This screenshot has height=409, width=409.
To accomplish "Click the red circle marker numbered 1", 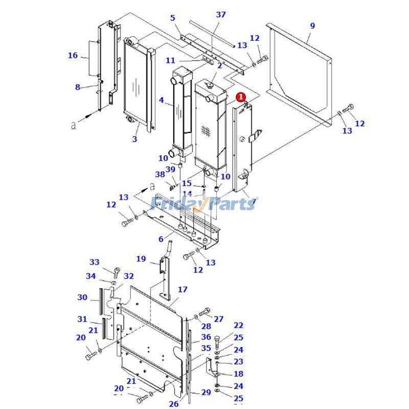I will [x=241, y=96].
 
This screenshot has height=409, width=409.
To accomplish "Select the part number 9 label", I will [x=312, y=25].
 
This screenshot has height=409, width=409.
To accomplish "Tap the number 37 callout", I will [x=220, y=15].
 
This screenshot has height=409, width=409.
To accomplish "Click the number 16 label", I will [x=73, y=55].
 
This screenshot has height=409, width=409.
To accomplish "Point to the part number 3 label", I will [x=134, y=139].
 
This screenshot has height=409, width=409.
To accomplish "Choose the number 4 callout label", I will [x=162, y=101].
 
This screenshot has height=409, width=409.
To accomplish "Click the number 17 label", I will [x=183, y=290].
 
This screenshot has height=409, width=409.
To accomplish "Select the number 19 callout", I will [x=141, y=259].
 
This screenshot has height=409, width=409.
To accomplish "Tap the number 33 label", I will [x=95, y=262].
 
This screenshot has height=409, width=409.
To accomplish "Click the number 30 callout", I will [x=82, y=298].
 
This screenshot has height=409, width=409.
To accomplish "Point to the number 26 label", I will [x=173, y=404].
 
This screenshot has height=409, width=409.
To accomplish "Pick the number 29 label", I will [x=206, y=392].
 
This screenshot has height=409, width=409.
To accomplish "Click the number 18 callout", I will [x=238, y=374].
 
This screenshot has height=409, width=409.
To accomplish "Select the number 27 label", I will [x=218, y=319].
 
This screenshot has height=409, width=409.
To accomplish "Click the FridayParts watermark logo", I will [x=204, y=204].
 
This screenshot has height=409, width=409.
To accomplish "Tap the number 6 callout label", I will [x=161, y=239].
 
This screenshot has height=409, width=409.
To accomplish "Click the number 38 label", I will [x=160, y=174].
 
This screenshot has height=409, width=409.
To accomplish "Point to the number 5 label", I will [x=173, y=18].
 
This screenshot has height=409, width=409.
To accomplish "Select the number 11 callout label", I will [x=170, y=61].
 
